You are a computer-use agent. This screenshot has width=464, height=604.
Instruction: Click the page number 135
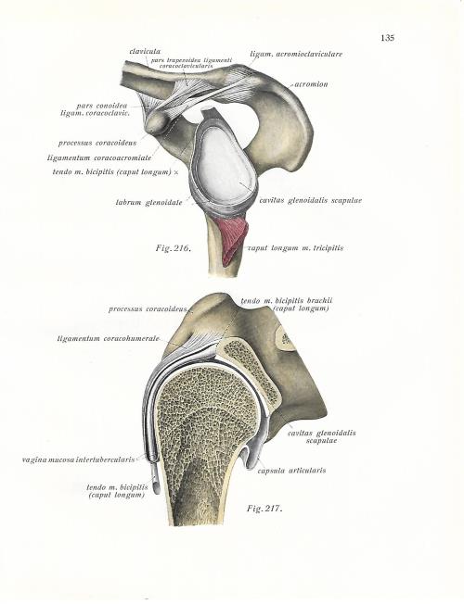point(387,38)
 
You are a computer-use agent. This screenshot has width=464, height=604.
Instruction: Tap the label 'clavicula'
point(145,51)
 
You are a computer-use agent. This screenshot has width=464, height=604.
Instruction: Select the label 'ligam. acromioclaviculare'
point(296,55)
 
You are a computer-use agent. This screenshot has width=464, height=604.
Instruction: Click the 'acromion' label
point(311,84)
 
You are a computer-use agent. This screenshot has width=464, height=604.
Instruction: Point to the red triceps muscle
point(233,239)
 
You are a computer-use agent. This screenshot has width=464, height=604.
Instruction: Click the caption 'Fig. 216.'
point(174,248)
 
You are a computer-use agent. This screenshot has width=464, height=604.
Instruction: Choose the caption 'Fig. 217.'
point(264,509)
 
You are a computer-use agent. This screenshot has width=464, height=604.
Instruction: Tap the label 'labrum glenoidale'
point(149,202)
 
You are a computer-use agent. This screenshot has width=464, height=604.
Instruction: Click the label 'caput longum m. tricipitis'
point(295,248)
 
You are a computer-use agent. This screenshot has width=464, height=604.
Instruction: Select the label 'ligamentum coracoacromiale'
point(99,157)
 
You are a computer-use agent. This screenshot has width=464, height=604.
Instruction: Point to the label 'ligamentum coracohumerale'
point(108,339)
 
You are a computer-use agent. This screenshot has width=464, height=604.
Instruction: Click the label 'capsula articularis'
point(291,471)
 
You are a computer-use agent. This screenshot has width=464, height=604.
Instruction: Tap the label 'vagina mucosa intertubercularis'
point(78,459)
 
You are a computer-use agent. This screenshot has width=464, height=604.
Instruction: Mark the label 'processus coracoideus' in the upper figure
point(97,144)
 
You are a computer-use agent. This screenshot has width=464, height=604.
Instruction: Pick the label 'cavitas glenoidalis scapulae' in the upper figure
point(311,201)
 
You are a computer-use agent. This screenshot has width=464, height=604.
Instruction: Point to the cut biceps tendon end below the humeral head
point(155,486)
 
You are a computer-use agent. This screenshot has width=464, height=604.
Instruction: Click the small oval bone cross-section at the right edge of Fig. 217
point(286,339)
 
